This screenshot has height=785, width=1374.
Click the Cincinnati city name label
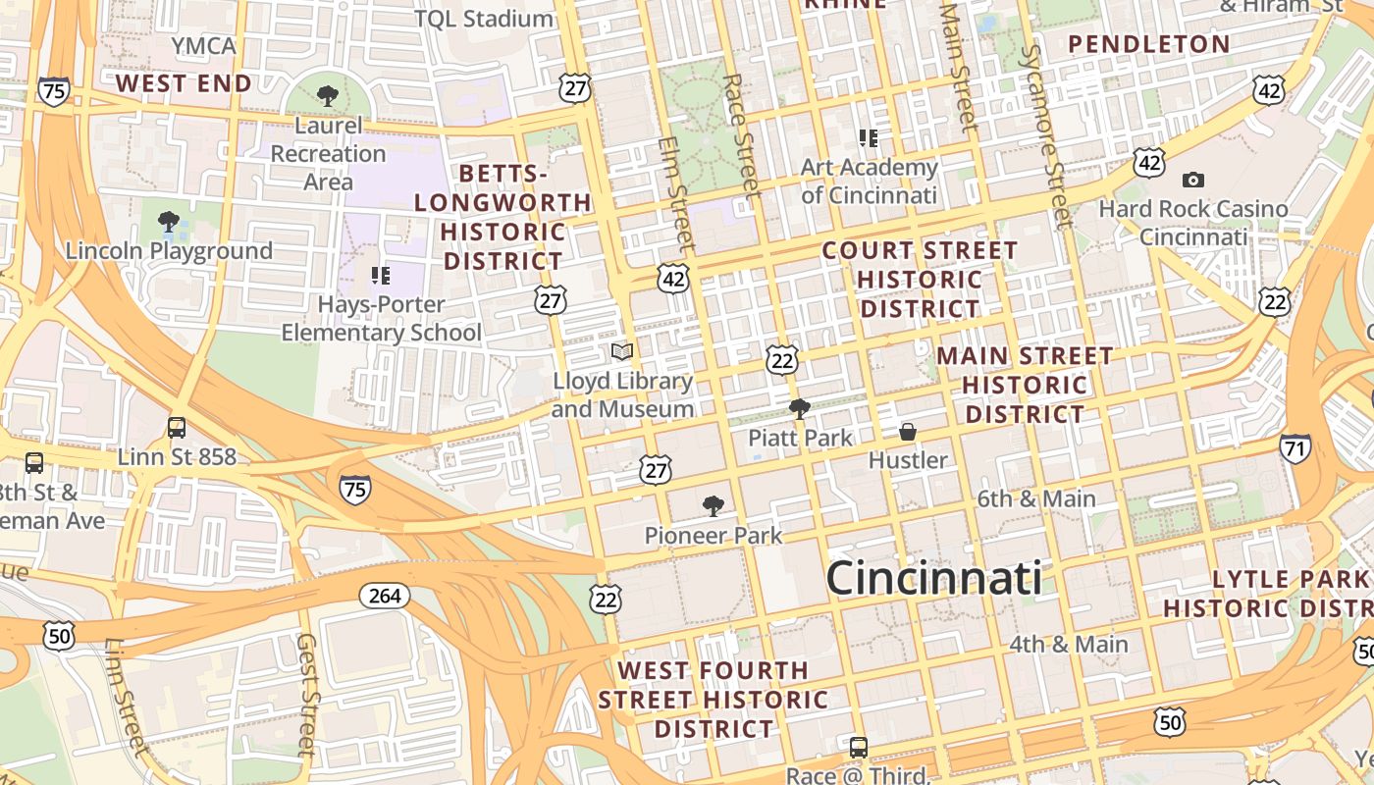[x=933, y=577]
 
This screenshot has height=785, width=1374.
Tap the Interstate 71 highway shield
[x=1295, y=448]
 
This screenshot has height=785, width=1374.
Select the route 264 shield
[x=384, y=595]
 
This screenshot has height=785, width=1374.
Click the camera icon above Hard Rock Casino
[x=1193, y=180]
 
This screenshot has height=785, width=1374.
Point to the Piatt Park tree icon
[x=800, y=408]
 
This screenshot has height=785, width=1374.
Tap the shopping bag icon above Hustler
[x=908, y=432]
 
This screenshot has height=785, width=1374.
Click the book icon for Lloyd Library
[x=622, y=351]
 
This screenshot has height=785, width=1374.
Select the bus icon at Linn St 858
[x=177, y=428]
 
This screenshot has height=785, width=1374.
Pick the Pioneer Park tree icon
[x=713, y=506]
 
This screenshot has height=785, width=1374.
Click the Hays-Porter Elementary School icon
[x=381, y=276]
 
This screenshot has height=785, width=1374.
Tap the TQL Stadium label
[x=483, y=19]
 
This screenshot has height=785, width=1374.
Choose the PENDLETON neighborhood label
[x=1148, y=44]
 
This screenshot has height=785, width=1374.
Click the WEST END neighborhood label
[x=184, y=83]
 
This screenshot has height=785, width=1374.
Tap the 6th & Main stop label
[x=1035, y=498]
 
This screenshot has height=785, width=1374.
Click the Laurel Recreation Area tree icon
[x=328, y=96]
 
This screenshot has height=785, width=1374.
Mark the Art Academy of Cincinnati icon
[x=868, y=138]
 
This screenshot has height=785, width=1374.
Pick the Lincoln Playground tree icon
[x=169, y=222]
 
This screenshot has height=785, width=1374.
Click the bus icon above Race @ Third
[x=858, y=747]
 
